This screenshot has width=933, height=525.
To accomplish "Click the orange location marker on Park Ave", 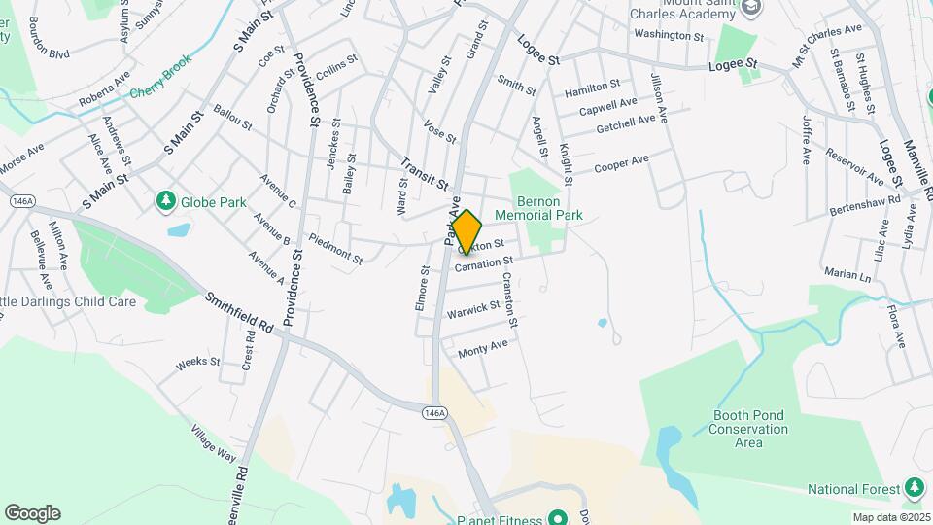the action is [x=466, y=232].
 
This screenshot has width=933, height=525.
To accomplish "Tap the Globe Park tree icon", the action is [x=166, y=201].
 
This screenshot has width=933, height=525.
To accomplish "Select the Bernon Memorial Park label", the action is [x=537, y=208].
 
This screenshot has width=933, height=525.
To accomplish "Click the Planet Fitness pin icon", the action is [x=558, y=517].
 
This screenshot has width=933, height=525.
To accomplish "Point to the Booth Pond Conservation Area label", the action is [x=748, y=429].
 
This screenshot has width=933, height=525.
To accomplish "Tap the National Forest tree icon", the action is [x=913, y=487].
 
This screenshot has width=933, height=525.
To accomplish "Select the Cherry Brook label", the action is [x=161, y=89].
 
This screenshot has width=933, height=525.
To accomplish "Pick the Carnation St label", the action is [x=483, y=263].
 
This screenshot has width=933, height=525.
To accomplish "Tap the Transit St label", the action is [x=423, y=173].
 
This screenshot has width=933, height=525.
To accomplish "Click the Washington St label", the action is [x=669, y=35].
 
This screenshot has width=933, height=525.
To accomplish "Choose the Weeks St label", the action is [x=198, y=363].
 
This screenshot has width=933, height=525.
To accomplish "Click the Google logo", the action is [x=32, y=512].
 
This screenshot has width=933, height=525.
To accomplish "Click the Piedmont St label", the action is [x=335, y=248].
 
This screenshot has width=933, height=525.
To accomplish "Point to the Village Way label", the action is [x=214, y=443].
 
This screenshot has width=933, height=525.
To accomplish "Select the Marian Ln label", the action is [x=844, y=273].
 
